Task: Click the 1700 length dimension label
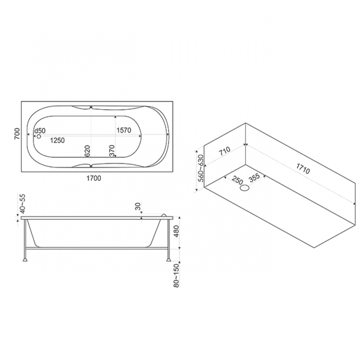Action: click(x=94, y=178)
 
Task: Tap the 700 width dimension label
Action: click(x=17, y=134)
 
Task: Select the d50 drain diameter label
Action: click(x=40, y=131)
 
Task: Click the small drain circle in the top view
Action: click(x=39, y=136)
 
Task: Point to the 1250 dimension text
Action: click(x=57, y=140)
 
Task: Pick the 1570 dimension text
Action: click(x=124, y=130)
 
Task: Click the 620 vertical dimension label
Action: click(x=88, y=151)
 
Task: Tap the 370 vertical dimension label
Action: click(x=112, y=151)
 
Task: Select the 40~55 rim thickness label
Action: click(x=22, y=204)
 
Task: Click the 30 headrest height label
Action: click(x=138, y=206)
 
